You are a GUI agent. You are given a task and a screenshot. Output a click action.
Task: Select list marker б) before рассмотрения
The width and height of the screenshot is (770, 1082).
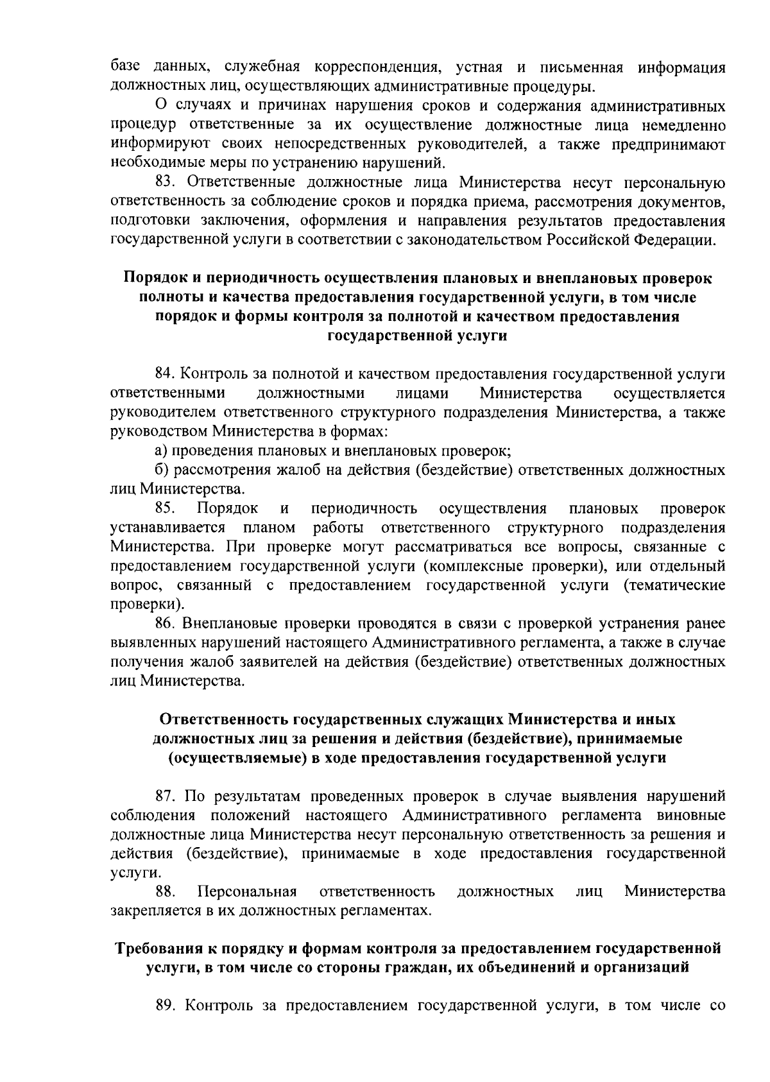click(x=162, y=470)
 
